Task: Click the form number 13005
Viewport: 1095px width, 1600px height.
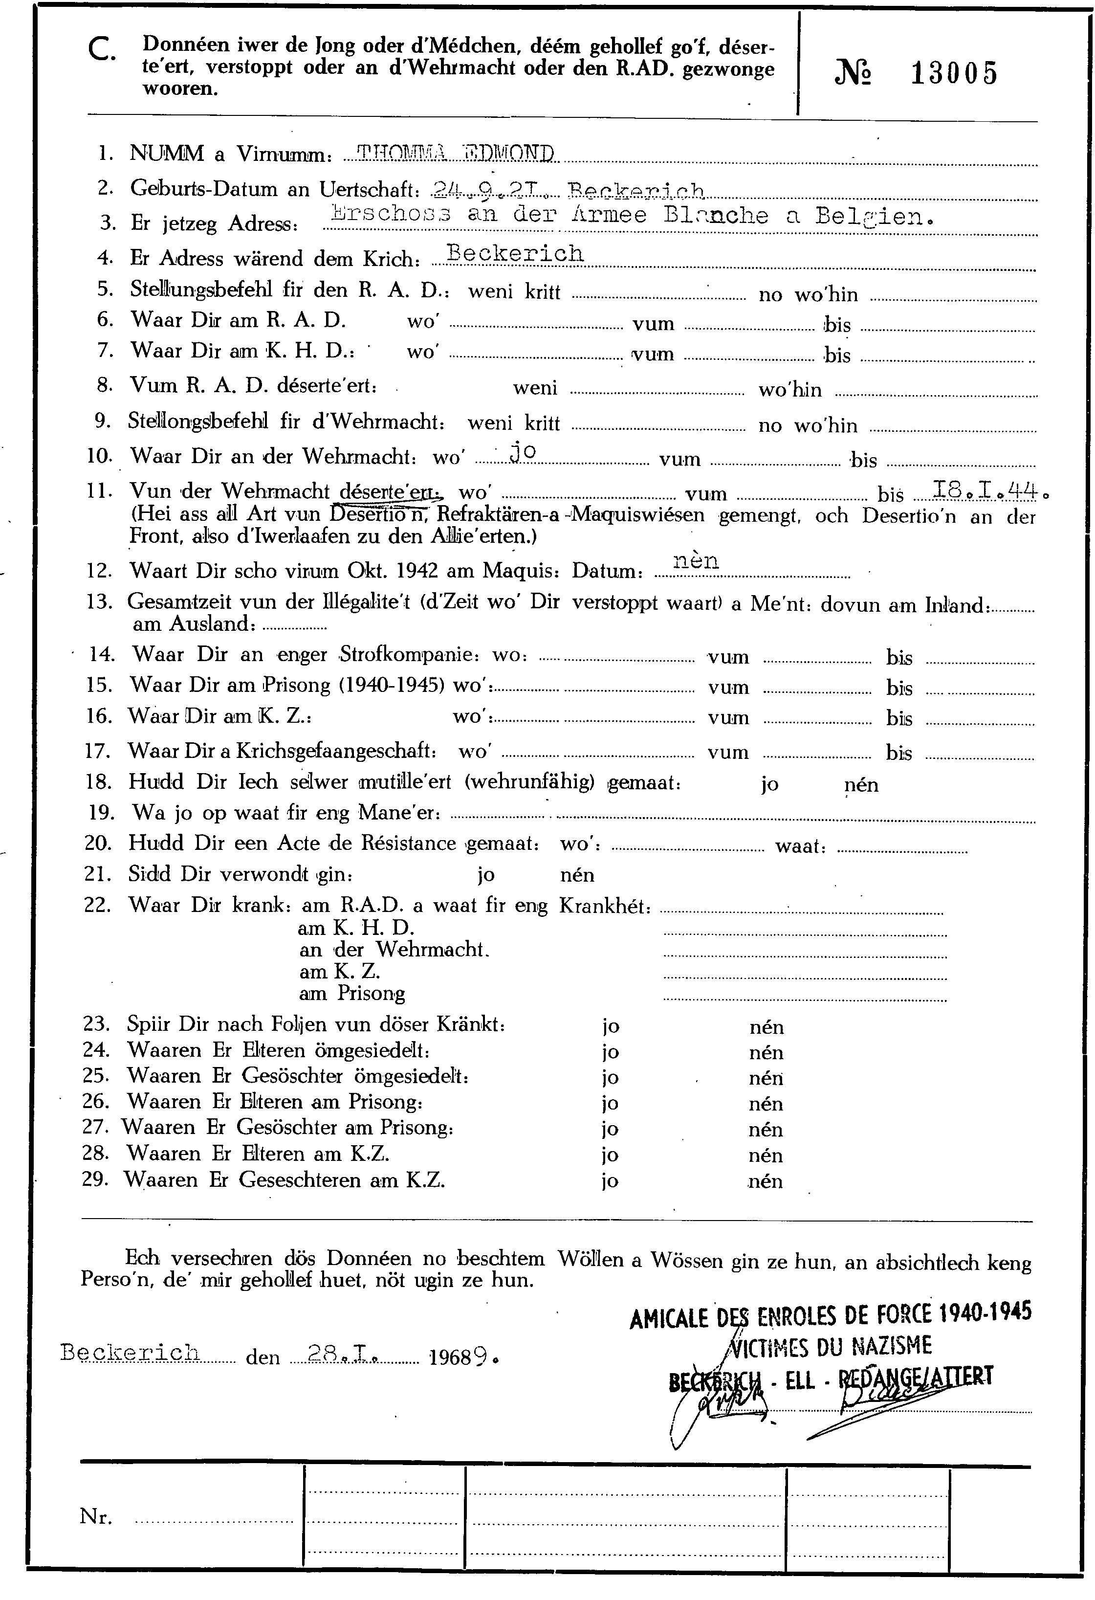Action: click(x=954, y=73)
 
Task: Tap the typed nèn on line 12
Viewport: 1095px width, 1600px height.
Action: click(x=696, y=560)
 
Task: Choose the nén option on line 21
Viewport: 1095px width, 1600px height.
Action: click(x=577, y=875)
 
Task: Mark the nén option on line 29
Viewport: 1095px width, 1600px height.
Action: click(x=766, y=1181)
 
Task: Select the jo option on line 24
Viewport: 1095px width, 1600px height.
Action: click(x=610, y=1052)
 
